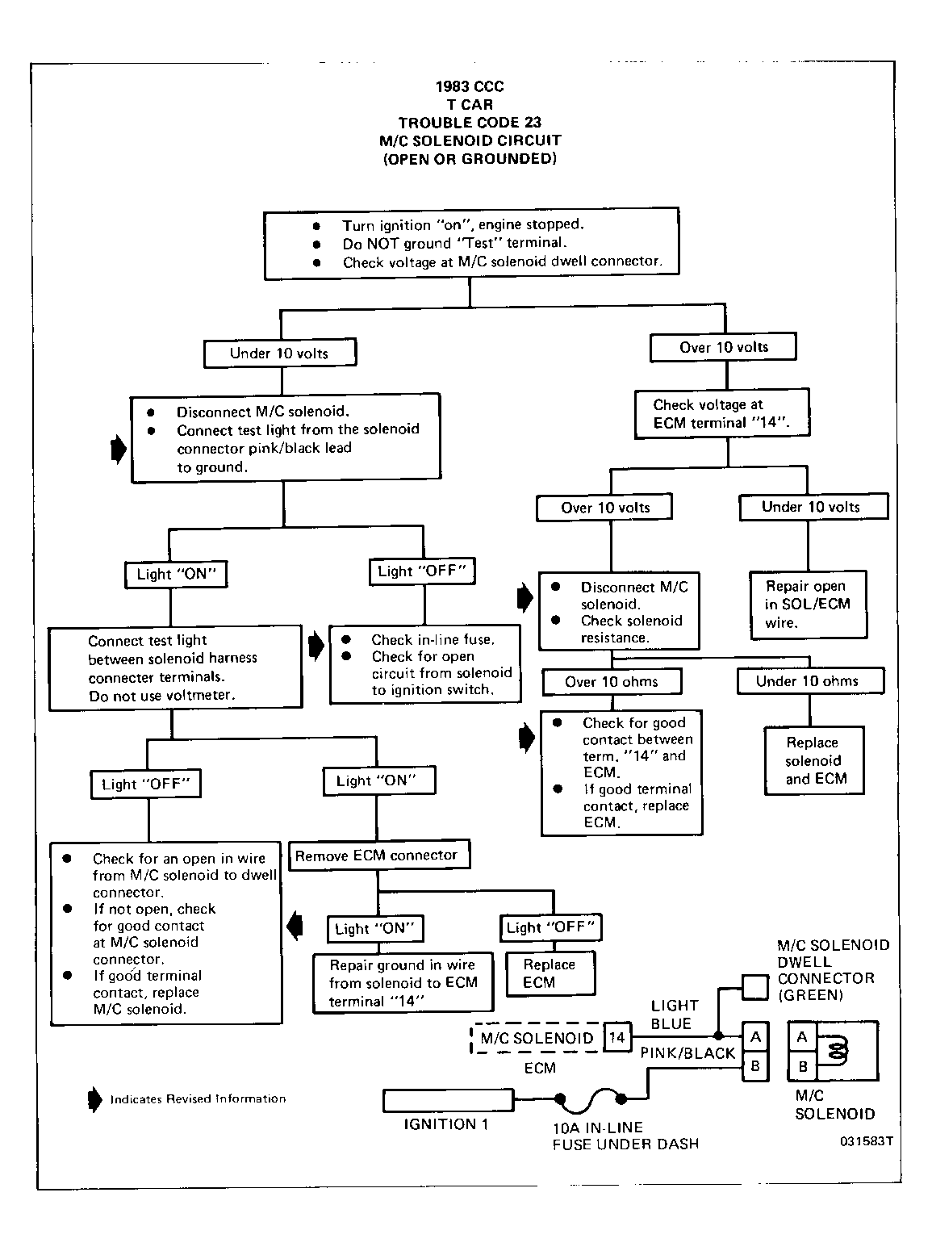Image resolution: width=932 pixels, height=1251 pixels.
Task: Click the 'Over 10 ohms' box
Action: (612, 681)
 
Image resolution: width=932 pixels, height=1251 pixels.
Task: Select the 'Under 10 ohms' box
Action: (810, 680)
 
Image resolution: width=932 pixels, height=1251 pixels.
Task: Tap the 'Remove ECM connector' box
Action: (379, 856)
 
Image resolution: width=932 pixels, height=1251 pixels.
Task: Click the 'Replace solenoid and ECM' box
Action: (814, 760)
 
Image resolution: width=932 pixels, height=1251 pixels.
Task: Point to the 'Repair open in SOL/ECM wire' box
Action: (809, 605)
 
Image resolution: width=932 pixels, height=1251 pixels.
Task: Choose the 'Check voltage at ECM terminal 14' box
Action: (722, 413)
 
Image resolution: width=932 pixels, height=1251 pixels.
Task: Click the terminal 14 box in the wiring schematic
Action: (617, 1037)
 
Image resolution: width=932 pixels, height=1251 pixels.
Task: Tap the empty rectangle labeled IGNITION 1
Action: (449, 1100)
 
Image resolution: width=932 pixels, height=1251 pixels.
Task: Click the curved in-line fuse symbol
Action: (590, 1100)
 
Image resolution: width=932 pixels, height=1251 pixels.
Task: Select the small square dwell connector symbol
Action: (754, 987)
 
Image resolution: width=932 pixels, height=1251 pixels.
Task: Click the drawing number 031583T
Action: (867, 1141)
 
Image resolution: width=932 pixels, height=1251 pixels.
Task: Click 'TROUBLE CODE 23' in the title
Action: (470, 123)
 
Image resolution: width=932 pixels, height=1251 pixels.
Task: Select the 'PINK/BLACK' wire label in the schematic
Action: (688, 1053)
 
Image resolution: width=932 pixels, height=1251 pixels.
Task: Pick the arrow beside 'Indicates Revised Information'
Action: (94, 1099)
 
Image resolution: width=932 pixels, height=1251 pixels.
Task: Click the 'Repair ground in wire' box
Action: (403, 983)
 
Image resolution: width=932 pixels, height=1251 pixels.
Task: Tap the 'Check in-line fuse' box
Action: (425, 664)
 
